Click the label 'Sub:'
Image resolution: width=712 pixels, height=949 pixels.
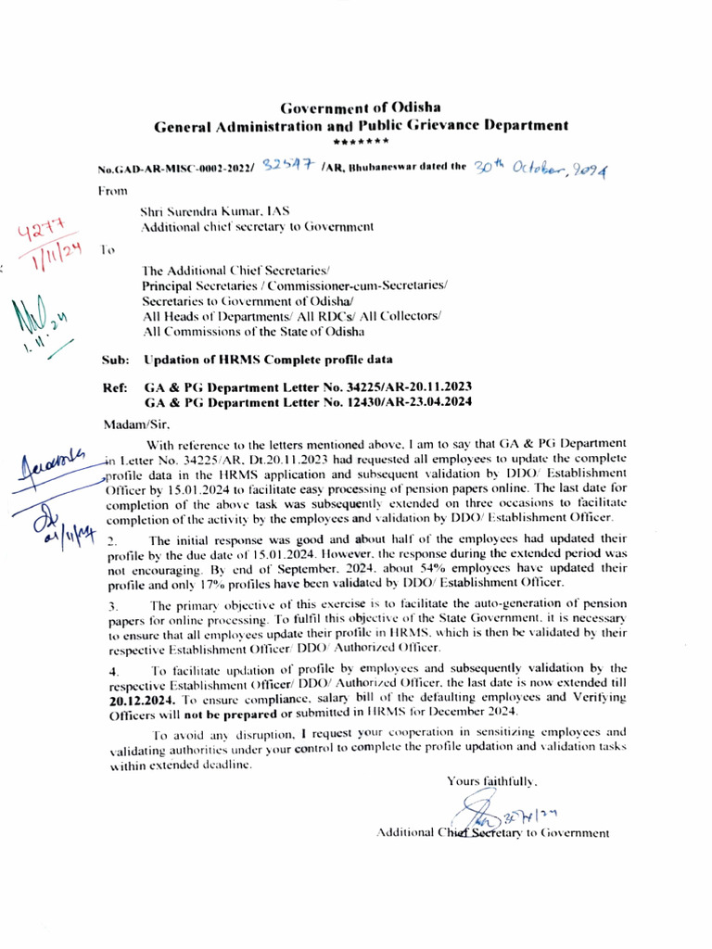point(114,360)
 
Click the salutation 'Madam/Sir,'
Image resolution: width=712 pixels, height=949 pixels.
point(130,425)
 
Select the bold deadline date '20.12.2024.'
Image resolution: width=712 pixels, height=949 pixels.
point(142,699)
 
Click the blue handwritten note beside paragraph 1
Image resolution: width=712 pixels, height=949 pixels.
point(62,482)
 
